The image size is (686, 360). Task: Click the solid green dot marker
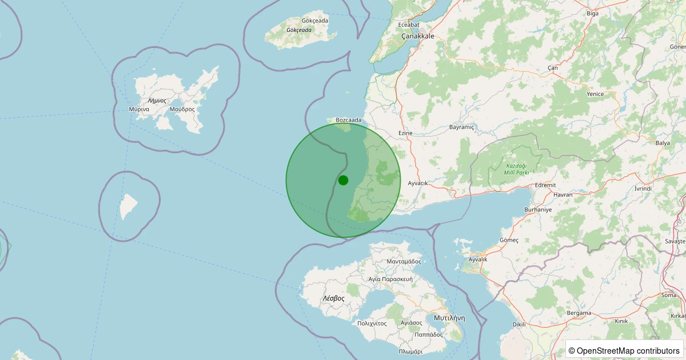point(343,180)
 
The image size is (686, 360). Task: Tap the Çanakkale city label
point(417,36)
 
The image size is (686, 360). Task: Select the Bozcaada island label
point(349,120)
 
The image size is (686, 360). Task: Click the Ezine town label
point(405,133)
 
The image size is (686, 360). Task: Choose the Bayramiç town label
point(462,127)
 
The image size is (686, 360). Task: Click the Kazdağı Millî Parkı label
point(516,169)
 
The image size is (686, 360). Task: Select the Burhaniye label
point(538,210)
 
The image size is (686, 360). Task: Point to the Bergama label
point(579,313)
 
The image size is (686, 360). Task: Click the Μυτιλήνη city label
point(449,318)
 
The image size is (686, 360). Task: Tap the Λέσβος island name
point(333,298)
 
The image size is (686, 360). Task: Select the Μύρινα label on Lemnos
point(139,109)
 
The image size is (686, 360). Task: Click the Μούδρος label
point(182,109)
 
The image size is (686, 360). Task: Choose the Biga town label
point(592,13)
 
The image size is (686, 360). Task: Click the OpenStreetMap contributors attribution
point(624,350)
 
